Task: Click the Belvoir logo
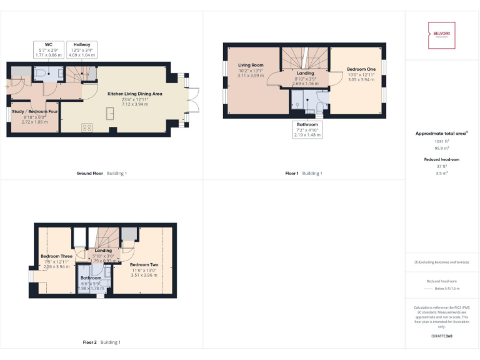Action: [x=442, y=35]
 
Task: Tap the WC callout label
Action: [x=48, y=50]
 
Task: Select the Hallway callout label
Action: [x=81, y=50]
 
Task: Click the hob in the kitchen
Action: [x=86, y=127]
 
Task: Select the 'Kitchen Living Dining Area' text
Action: [x=135, y=93]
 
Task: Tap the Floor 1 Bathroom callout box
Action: [x=307, y=129]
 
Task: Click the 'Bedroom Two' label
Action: [x=144, y=264]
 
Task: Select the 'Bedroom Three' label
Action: [x=54, y=256]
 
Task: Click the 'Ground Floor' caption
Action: [x=89, y=173]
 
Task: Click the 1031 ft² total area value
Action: [x=442, y=141]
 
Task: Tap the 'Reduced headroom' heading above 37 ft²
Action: [x=442, y=159]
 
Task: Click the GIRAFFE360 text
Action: [x=442, y=336]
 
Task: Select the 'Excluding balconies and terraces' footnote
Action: [x=442, y=262]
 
